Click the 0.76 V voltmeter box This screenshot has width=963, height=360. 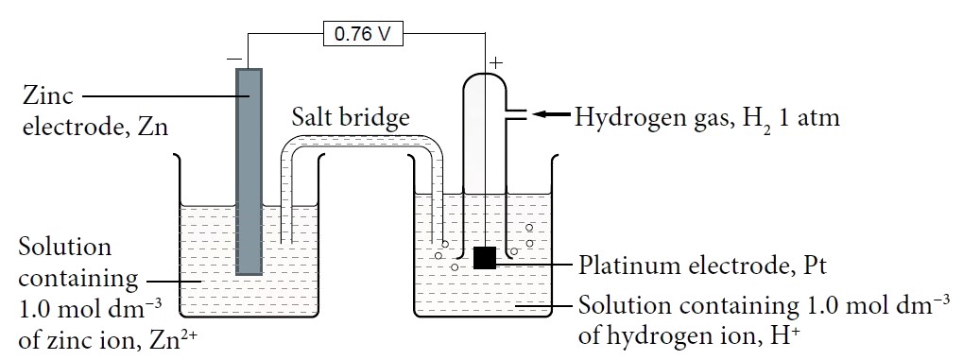tap(363, 35)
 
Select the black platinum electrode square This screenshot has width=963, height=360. tap(485, 257)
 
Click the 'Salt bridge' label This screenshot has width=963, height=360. tap(350, 117)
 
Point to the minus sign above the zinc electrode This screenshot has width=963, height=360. tap(232, 60)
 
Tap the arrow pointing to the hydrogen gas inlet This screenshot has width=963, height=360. tap(549, 115)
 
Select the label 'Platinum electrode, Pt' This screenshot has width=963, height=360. tap(702, 265)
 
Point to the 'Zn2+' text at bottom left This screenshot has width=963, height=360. tap(173, 341)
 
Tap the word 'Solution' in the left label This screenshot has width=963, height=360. tap(65, 248)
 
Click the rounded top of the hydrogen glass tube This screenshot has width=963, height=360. tap(485, 80)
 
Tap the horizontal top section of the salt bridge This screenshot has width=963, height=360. tap(359, 142)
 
